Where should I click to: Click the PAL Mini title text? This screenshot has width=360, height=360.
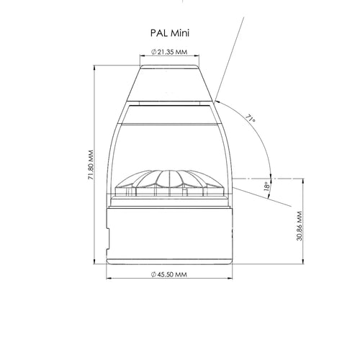[170, 33]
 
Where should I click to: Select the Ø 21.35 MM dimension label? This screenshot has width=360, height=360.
[169, 52]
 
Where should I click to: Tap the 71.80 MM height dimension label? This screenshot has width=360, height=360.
[91, 165]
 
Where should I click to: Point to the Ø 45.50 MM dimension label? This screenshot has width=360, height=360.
[169, 274]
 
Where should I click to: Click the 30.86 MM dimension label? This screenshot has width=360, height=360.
[300, 226]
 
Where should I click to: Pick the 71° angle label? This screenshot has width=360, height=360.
[250, 119]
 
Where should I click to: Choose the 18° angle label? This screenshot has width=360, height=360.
[266, 186]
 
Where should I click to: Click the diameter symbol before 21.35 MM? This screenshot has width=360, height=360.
[154, 52]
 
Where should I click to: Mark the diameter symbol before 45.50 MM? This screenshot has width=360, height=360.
[153, 274]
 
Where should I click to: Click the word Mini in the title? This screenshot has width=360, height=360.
[179, 33]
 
